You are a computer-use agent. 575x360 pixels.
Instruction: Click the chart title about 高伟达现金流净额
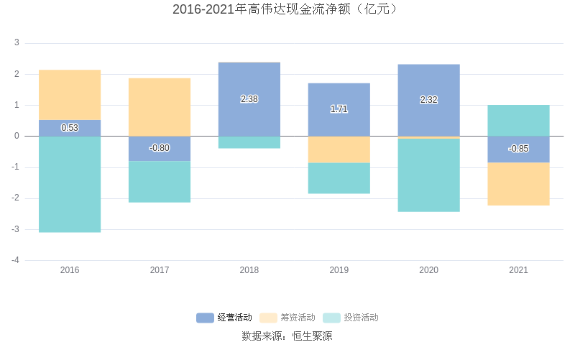287,9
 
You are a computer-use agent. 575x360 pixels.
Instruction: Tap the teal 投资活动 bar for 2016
70,184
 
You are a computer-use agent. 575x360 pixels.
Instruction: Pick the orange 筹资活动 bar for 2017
160,107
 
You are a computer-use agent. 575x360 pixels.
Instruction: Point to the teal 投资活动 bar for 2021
518,121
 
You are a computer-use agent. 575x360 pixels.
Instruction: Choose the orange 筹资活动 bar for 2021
518,184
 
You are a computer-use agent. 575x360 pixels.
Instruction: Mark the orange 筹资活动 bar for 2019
339,149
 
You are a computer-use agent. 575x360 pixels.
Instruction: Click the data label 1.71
339,109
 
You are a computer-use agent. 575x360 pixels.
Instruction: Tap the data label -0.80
160,148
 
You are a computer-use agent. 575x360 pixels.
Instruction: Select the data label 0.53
70,128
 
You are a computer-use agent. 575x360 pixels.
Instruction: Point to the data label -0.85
518,149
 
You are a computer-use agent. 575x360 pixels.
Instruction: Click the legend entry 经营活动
224,318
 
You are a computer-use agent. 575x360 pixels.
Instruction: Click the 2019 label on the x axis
339,270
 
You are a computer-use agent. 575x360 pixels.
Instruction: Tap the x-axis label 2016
70,270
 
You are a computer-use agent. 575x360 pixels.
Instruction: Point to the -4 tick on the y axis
15,260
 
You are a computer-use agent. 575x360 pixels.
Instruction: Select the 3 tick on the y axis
17,43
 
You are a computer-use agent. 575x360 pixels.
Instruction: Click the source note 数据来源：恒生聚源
287,336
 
